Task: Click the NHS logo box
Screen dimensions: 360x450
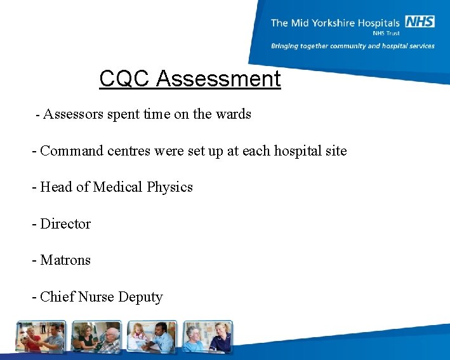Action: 420,22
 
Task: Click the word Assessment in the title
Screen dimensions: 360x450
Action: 218,79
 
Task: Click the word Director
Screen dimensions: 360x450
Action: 65,224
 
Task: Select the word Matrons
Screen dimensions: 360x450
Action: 65,260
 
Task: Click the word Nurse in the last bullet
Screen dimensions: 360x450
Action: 98,297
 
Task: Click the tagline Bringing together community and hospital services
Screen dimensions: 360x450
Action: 353,46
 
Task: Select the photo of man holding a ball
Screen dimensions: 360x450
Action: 41,337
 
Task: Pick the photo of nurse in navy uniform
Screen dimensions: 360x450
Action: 208,337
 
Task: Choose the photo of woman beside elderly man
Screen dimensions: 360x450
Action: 96,337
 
